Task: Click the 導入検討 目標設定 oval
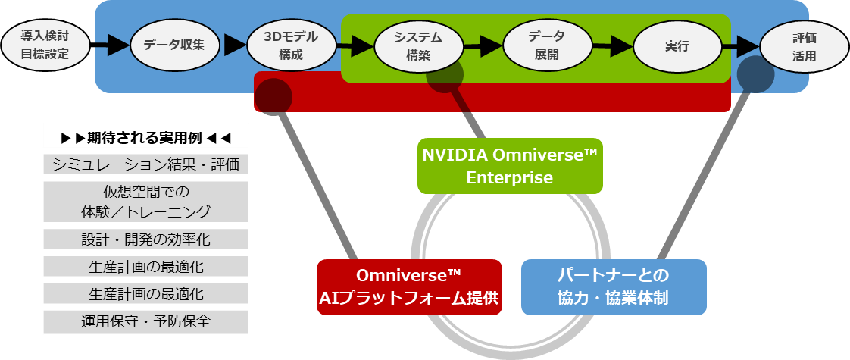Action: tap(45, 45)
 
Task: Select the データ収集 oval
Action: tap(177, 45)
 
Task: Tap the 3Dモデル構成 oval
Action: tap(291, 45)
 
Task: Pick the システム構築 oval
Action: tap(418, 45)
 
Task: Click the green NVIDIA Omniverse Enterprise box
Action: tap(510, 165)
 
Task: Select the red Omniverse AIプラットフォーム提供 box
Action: tap(409, 287)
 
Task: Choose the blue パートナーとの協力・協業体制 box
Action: tap(614, 287)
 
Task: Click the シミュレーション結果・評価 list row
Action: tap(146, 164)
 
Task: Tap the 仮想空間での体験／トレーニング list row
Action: tap(146, 201)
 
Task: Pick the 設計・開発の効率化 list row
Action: tap(146, 239)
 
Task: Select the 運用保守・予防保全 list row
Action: tap(146, 321)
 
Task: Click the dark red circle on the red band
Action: tap(273, 96)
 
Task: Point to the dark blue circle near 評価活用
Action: tap(755, 74)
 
